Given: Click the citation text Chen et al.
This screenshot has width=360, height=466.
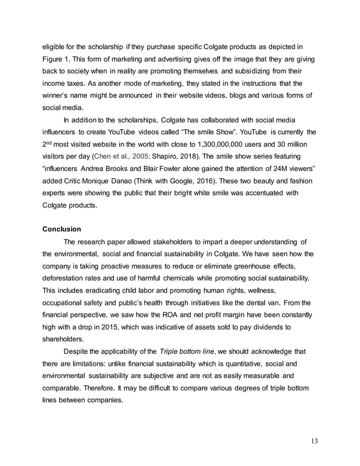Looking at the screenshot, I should (x=106, y=156).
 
